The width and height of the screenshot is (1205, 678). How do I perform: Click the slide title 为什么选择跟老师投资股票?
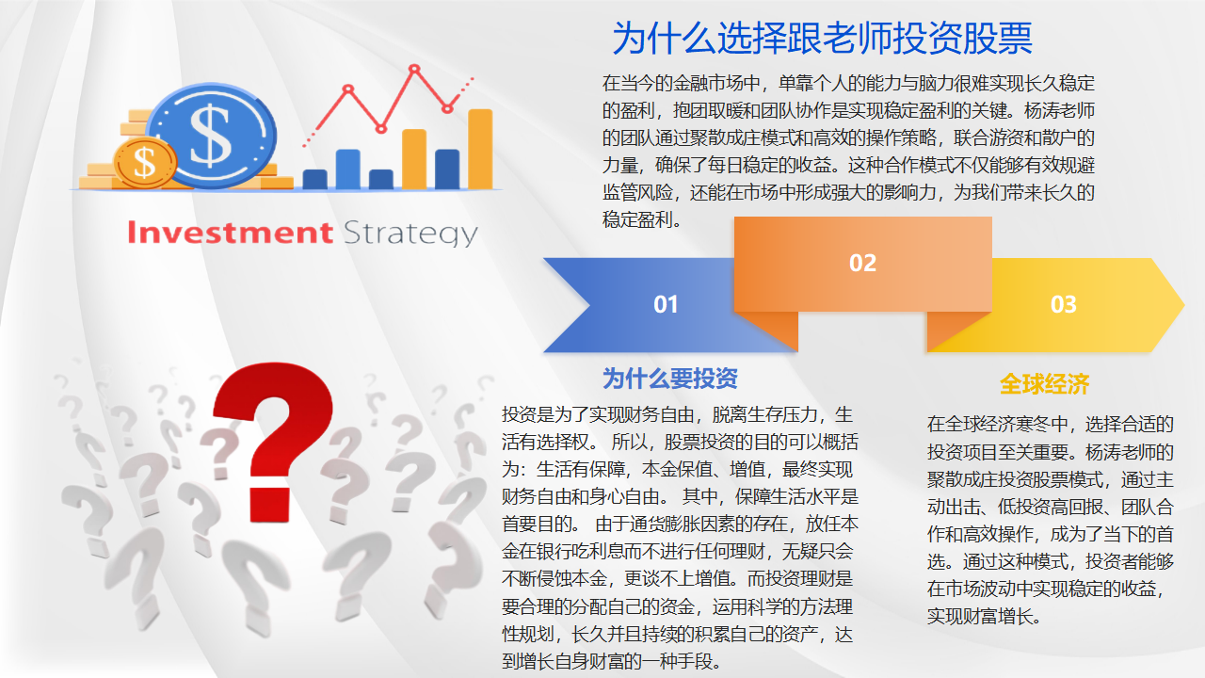click(822, 39)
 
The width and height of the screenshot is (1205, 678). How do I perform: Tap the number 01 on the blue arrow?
click(666, 304)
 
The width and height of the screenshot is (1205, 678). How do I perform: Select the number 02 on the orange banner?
click(863, 263)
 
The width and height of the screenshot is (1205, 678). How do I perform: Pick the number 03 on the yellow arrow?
click(1064, 304)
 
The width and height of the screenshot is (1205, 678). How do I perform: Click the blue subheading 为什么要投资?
click(669, 379)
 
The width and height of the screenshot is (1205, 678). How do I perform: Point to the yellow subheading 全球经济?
click(1045, 384)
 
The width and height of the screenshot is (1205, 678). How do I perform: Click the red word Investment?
click(231, 233)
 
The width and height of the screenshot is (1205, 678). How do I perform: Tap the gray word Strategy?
click(410, 234)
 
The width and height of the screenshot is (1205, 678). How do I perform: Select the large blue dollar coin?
click(212, 136)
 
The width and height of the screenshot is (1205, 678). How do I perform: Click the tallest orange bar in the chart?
click(480, 149)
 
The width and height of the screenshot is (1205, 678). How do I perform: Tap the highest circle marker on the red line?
click(414, 69)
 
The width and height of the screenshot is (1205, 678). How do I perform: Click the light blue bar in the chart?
click(348, 169)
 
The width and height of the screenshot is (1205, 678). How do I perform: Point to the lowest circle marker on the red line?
click(381, 129)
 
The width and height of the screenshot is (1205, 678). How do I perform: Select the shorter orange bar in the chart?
click(414, 159)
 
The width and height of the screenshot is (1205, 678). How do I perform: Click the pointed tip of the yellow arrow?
click(1184, 305)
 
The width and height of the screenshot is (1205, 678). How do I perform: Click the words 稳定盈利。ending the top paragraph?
click(642, 220)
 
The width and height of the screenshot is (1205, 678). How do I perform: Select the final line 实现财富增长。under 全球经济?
click(984, 617)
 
